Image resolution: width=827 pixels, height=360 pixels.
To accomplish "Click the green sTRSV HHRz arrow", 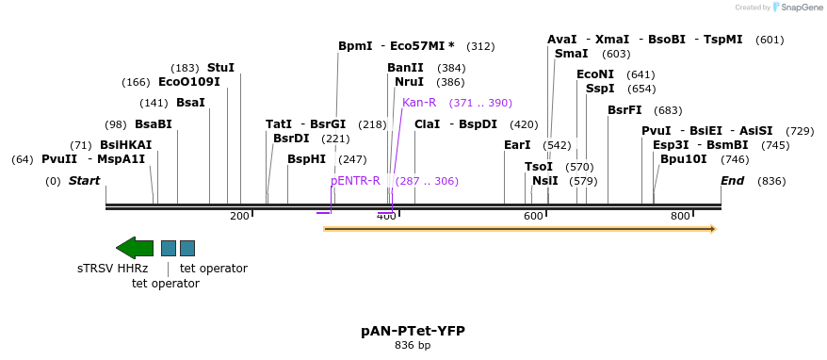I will tap(134, 248).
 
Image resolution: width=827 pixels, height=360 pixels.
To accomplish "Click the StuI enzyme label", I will tap(220, 68).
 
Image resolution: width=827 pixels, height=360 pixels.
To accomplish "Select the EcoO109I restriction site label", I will tap(188, 82).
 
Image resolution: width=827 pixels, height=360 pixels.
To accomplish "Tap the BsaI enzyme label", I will tap(190, 103).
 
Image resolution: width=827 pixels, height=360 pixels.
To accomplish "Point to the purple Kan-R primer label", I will tap(419, 103).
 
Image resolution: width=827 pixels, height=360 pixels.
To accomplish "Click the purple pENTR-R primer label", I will tap(355, 181).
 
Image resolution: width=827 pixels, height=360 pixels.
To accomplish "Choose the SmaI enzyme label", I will tap(571, 54).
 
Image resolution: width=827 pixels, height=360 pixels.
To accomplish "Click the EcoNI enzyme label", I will tap(594, 74).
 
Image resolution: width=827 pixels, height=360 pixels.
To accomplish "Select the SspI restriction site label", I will tap(600, 89).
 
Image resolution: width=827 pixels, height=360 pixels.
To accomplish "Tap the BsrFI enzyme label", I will tap(624, 110).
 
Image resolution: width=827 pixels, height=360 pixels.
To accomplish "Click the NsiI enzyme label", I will tap(544, 181).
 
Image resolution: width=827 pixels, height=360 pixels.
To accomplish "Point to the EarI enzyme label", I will tap(517, 145).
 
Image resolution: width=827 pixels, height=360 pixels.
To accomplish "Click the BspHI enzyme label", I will tap(306, 159).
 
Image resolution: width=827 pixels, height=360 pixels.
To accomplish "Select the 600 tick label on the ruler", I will tap(533, 217).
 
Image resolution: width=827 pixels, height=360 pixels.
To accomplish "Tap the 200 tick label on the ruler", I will tap(239, 217).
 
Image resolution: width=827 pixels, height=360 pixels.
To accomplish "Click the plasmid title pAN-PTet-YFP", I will tap(413, 331).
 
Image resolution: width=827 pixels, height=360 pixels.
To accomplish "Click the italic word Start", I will tap(84, 181).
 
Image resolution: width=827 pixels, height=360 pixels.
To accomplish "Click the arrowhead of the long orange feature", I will tap(712, 229).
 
